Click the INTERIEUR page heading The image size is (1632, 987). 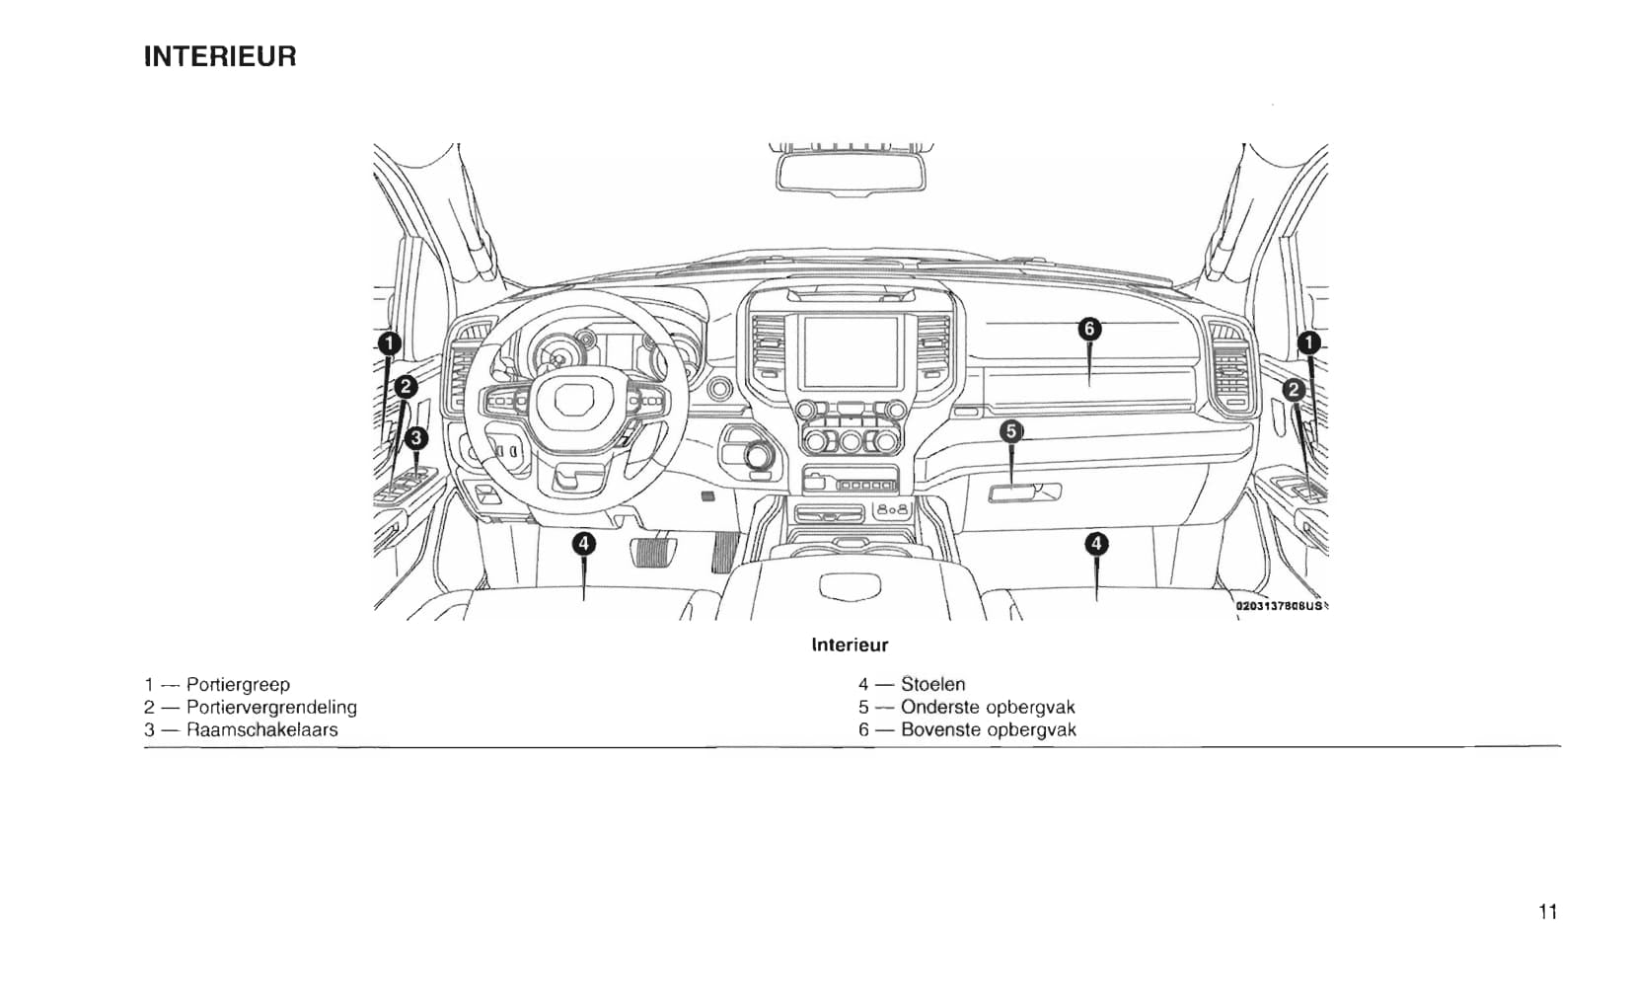tap(220, 56)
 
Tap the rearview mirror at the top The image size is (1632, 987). tap(851, 172)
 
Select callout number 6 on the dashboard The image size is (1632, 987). tap(1088, 329)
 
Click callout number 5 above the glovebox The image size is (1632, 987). tap(1011, 431)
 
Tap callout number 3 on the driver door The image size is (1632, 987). tap(416, 437)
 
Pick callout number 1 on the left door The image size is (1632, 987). tap(390, 343)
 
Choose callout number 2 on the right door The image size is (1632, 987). tap(1294, 390)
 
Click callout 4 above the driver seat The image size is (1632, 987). tap(584, 543)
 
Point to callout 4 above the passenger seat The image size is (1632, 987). tap(1096, 543)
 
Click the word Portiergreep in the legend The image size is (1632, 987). tap(238, 684)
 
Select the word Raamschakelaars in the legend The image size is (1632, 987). tap(261, 729)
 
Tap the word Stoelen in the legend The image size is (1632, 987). tap(932, 684)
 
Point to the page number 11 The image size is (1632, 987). tap(1547, 911)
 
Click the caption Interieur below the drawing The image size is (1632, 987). tap(850, 645)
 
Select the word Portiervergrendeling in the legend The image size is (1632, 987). tap(271, 707)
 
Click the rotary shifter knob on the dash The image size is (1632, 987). tap(759, 456)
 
